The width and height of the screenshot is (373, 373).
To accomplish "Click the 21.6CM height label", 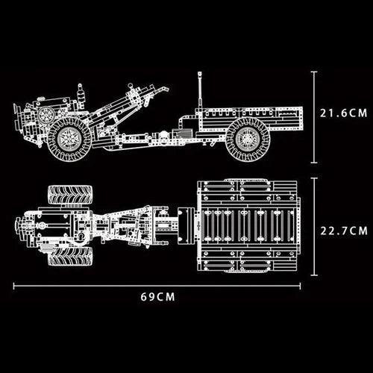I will pos(344,114).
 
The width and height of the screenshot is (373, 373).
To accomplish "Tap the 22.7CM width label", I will pos(344,230).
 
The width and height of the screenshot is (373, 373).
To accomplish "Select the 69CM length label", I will pos(157,296).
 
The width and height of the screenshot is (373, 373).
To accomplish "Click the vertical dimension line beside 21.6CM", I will pos(314,116).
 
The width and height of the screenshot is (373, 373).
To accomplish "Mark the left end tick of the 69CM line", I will pos(13,285).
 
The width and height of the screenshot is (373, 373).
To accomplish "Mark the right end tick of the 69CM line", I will pos(301,285).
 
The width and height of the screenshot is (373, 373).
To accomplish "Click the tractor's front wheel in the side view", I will pos(69,138).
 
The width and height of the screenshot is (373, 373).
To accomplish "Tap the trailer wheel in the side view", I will pos(247,138).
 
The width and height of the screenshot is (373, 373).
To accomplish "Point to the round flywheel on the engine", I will pos(46,116).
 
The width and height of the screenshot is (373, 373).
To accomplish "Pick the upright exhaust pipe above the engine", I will pos(79,94).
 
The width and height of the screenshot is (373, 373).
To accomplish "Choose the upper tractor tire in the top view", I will pos(70,195).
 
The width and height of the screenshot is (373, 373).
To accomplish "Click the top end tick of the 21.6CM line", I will pos(314,72).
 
